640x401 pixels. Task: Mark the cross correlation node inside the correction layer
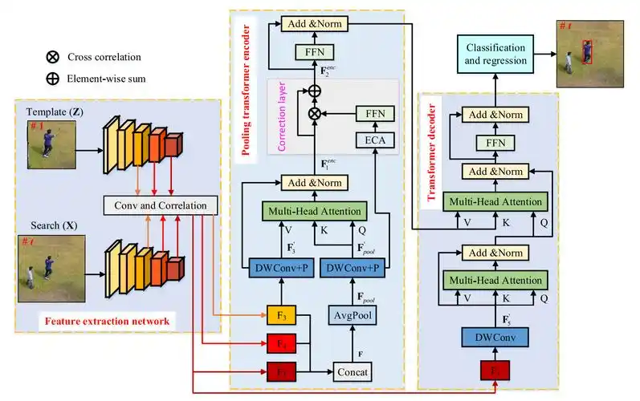(315, 115)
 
